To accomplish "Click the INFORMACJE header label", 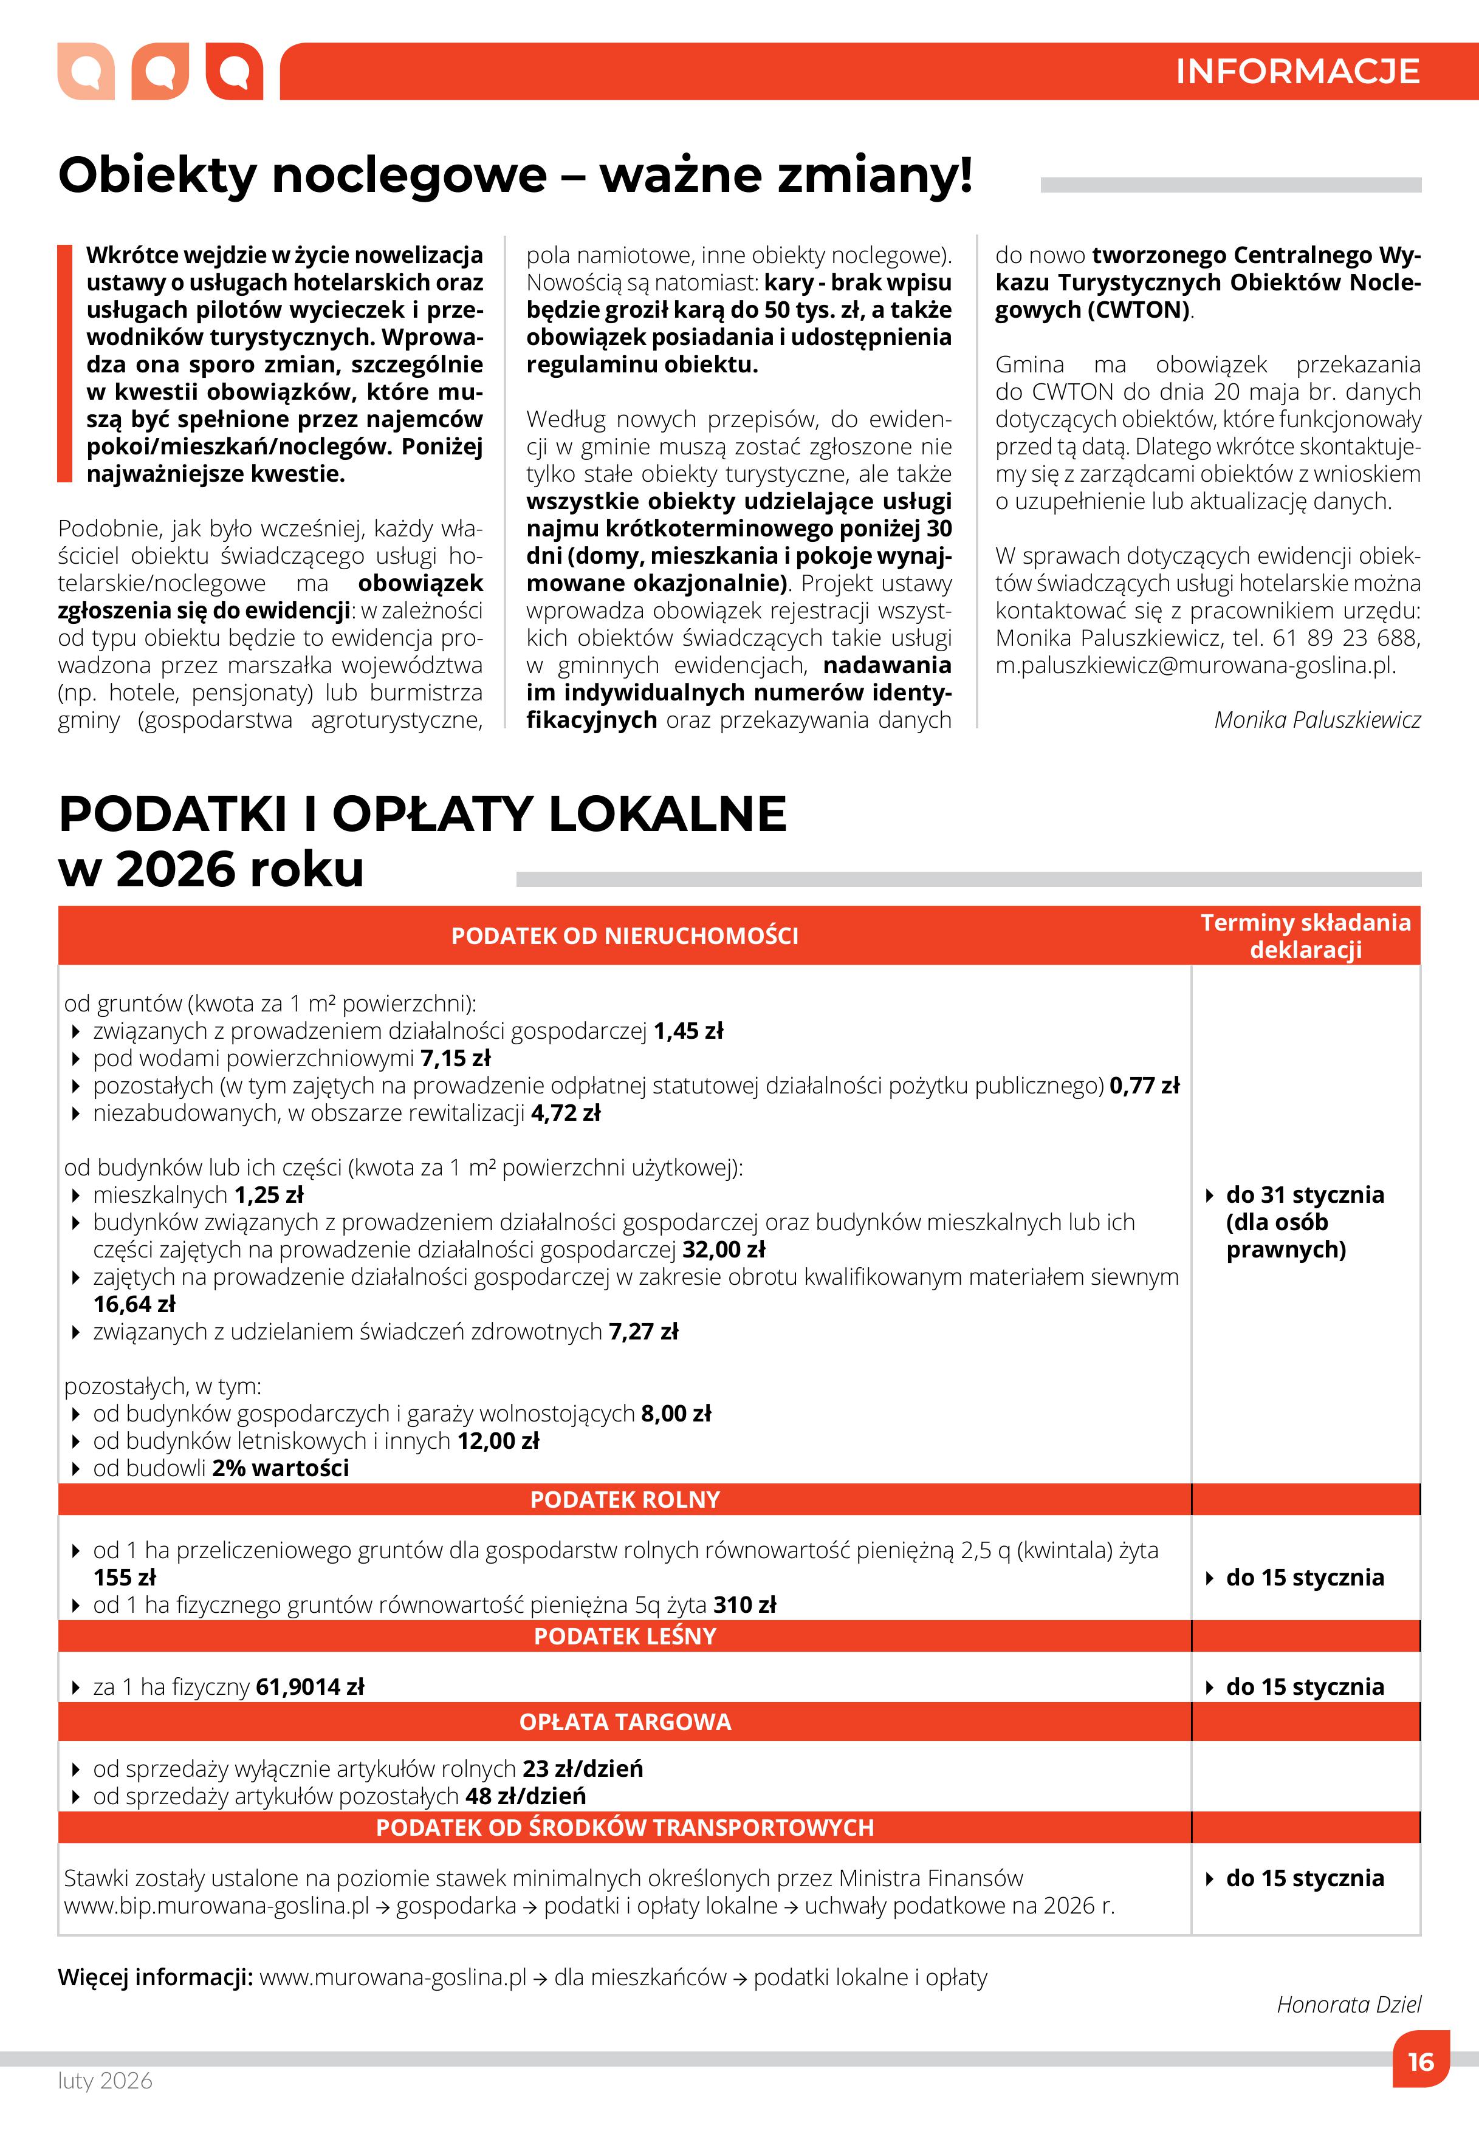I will [x=1297, y=71].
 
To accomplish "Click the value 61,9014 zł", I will [x=309, y=1687].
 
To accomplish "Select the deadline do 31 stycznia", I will [x=1304, y=1195].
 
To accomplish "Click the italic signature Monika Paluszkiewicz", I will [x=1316, y=720].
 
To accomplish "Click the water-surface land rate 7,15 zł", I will [x=455, y=1058].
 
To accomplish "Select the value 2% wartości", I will [x=280, y=1468].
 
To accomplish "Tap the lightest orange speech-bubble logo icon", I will [x=85, y=71].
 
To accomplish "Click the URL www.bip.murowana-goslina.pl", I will [x=216, y=1906].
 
